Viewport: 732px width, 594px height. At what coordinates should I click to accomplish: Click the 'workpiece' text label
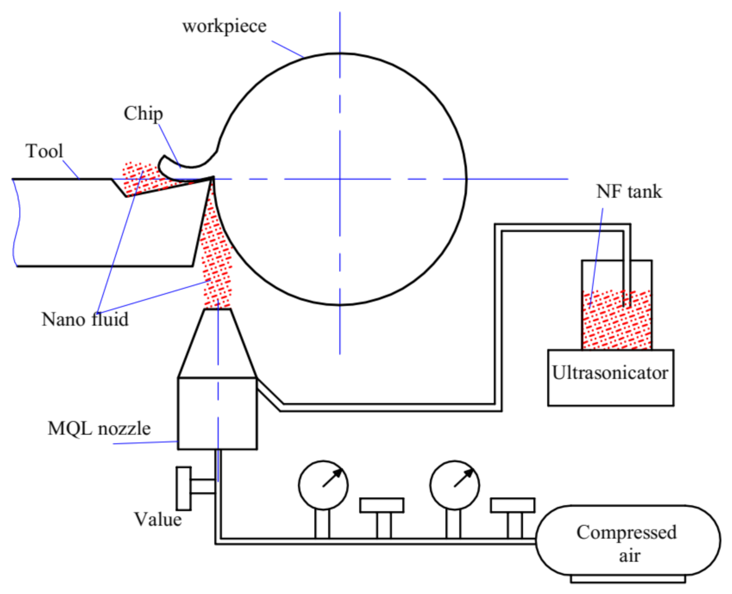coord(225,27)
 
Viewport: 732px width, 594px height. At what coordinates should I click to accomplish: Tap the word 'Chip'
coord(143,114)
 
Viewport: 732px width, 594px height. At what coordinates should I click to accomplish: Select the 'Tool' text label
coord(44,151)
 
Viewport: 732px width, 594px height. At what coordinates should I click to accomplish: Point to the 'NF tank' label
coord(629,192)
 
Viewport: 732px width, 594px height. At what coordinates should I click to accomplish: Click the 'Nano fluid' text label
coord(85,320)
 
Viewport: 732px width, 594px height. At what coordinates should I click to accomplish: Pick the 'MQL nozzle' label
coord(99,429)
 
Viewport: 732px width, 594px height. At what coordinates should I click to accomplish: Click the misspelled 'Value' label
coord(158,519)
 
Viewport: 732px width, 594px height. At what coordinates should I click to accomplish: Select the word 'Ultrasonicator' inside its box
coord(610,373)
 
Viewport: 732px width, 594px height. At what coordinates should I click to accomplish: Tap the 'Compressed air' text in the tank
coord(626,543)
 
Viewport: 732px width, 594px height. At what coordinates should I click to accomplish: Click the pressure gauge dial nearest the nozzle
coord(323,484)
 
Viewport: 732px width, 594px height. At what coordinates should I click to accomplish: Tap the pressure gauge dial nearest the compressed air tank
coord(455,484)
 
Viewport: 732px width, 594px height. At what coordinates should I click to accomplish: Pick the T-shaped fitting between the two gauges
coord(382,512)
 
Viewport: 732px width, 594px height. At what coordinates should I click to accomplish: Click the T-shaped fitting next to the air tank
coord(512,512)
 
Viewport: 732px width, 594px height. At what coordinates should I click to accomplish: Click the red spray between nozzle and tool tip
coord(216,253)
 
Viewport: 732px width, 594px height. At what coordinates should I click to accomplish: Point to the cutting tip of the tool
coord(213,178)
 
